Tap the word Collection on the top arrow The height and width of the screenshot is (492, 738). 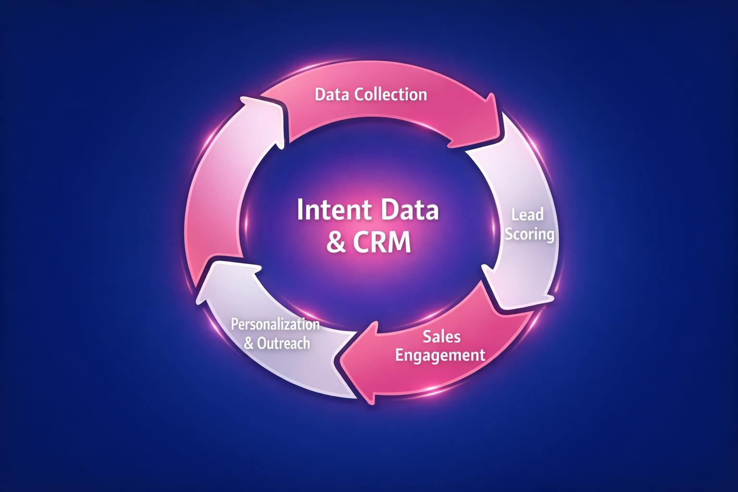tap(390, 94)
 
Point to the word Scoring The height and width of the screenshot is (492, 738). tap(530, 234)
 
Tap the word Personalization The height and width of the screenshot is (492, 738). tap(275, 324)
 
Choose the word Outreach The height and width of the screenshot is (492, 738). tap(283, 344)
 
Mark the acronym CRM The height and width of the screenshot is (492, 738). tap(382, 243)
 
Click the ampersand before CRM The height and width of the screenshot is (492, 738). tap(335, 243)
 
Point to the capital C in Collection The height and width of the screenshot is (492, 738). tap(358, 94)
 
